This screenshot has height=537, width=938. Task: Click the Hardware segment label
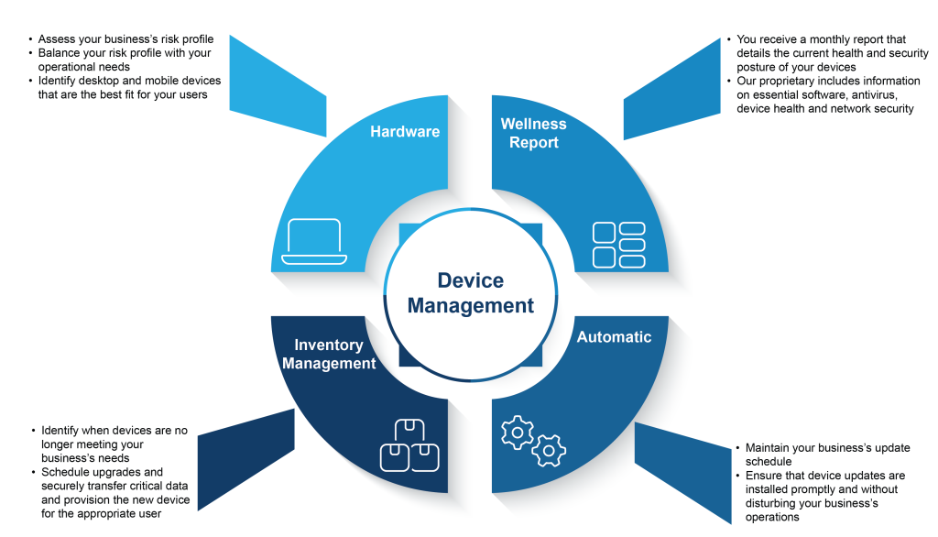(405, 132)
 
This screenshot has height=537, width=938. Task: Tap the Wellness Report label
(533, 133)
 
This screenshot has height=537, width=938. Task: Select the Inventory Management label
(329, 354)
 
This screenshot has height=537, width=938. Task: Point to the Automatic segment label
(614, 337)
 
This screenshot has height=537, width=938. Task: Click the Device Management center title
(470, 293)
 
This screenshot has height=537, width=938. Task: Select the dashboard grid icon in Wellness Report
(618, 245)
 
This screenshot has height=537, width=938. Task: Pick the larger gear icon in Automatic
(518, 432)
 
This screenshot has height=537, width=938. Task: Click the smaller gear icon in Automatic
(549, 450)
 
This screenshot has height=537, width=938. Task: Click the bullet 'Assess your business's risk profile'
(125, 39)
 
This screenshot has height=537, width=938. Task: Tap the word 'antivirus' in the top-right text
(867, 95)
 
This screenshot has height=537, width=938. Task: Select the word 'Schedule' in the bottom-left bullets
(66, 472)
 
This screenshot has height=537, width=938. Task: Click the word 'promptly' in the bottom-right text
(810, 489)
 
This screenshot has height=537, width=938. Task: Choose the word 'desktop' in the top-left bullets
(97, 81)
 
